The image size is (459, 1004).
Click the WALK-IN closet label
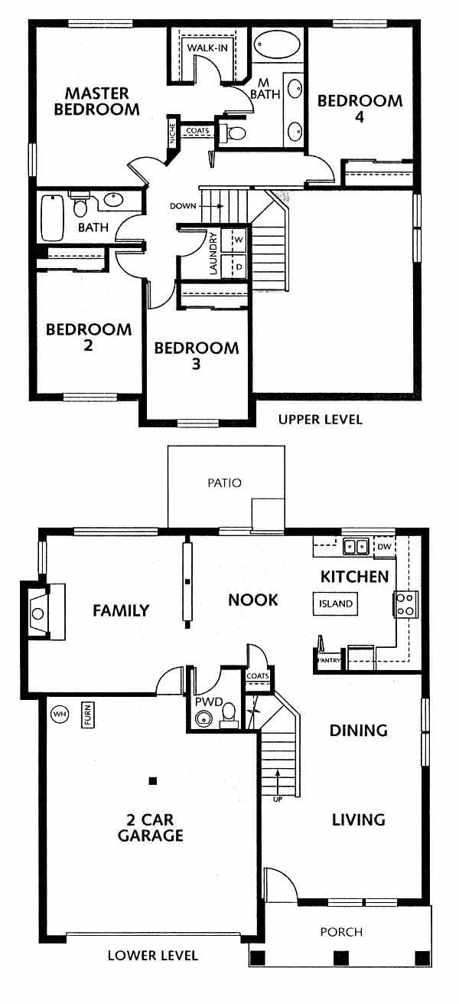click(207, 47)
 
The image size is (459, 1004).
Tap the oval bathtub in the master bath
click(275, 44)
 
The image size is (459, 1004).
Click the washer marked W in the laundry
click(236, 240)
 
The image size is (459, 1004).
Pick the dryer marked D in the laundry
click(236, 267)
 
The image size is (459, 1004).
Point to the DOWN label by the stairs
click(183, 206)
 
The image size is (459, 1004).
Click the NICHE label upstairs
click(172, 133)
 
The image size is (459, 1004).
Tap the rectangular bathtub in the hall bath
click(51, 218)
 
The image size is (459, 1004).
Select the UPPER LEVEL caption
click(321, 420)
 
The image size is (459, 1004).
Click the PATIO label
click(225, 482)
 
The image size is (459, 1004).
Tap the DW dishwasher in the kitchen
click(385, 546)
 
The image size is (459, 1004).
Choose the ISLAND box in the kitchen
click(335, 603)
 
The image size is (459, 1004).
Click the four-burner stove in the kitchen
click(405, 603)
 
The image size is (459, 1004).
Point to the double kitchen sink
click(356, 546)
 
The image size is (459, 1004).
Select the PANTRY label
click(330, 660)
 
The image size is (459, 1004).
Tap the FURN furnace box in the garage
click(87, 715)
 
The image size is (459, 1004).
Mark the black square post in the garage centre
click(153, 781)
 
